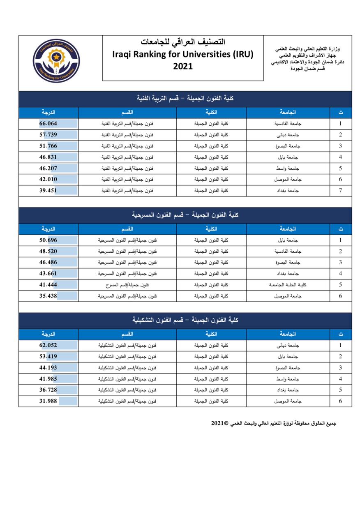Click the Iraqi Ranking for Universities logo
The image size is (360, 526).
56,61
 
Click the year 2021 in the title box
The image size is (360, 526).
182,66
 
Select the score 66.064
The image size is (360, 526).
48,124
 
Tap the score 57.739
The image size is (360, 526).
48,135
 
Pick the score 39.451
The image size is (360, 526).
48,191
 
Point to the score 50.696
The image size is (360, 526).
48,240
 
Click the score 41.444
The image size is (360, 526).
48,285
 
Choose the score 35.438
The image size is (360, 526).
48,296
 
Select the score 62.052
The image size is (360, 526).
48,346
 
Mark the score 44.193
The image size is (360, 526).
48,368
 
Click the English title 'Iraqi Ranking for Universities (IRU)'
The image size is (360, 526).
182,54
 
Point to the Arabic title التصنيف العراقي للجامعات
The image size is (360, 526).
182,42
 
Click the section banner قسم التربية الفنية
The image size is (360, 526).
185,99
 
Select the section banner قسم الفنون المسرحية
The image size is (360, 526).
185,215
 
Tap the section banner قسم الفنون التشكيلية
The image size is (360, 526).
185,320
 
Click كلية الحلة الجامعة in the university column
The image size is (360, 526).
288,285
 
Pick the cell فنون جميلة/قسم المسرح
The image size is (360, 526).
127,285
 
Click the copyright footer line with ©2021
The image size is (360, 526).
274,423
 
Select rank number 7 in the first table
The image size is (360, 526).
340,191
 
